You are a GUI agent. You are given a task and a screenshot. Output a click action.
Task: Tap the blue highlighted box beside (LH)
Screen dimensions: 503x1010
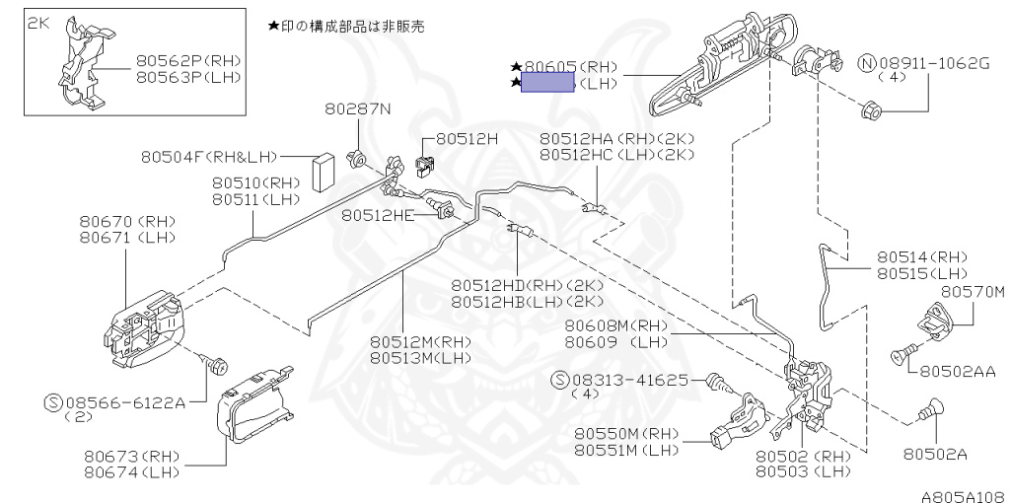click(x=547, y=84)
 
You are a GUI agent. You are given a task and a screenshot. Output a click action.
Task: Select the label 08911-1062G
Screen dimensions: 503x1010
click(x=934, y=64)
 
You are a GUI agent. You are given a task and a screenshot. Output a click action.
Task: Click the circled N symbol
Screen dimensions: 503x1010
click(x=867, y=64)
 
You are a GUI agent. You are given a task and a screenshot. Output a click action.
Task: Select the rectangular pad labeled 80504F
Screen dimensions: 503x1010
click(x=324, y=173)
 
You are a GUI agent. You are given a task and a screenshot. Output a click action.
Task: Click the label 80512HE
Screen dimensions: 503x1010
click(x=379, y=213)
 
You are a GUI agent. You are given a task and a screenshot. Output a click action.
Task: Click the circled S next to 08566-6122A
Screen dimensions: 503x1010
click(x=54, y=402)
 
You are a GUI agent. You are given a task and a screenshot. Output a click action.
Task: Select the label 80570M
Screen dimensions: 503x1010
click(x=972, y=292)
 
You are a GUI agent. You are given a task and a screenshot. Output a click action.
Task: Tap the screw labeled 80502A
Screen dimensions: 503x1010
click(x=931, y=404)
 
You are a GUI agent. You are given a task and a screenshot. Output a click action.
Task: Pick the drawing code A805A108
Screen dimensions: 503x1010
click(x=964, y=497)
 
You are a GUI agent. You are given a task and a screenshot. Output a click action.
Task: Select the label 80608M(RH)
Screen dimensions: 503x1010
click(x=616, y=326)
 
